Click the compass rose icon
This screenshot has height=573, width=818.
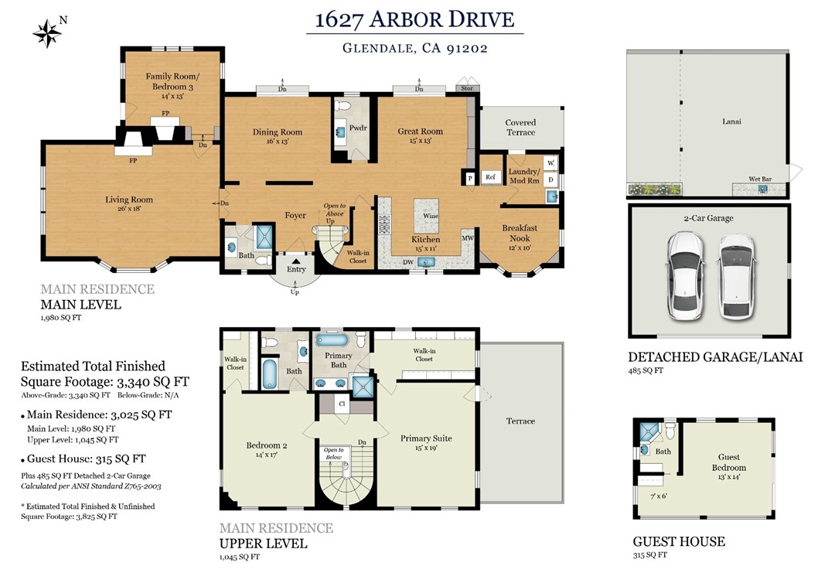[x=47, y=34]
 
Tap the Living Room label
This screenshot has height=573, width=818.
[x=129, y=200]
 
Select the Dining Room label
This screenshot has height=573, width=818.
[x=278, y=132]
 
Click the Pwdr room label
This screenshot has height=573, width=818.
[x=358, y=128]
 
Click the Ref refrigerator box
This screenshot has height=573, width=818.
[x=490, y=177]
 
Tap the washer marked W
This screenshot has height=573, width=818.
[x=551, y=163]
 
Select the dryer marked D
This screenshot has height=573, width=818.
[x=551, y=180]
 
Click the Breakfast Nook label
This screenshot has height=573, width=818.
[x=520, y=233]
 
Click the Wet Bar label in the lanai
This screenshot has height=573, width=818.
[x=760, y=179]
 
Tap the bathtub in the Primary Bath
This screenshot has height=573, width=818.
[x=332, y=340]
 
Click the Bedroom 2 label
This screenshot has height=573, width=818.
[x=267, y=445]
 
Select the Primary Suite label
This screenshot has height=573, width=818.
[x=426, y=438]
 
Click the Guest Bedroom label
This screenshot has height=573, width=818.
[x=729, y=462]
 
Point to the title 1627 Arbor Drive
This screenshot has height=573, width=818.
[x=414, y=19]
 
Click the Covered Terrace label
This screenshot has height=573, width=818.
[x=520, y=128]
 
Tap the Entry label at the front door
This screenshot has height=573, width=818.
[x=296, y=269]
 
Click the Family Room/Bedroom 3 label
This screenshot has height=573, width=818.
[x=172, y=81]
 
